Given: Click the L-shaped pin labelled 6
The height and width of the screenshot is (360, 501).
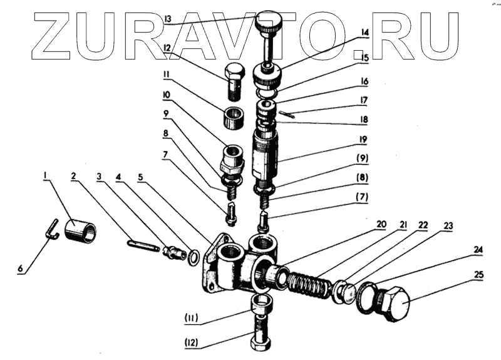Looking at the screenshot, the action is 54,229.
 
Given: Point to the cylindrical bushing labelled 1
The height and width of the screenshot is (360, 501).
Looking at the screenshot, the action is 82,230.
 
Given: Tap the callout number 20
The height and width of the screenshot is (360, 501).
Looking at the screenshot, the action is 381,224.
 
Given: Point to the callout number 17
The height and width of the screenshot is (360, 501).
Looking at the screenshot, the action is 363,100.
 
